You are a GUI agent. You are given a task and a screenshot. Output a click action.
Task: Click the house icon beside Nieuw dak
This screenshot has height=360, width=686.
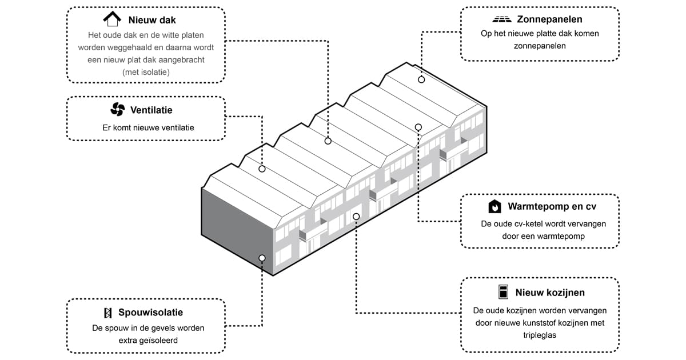click(x=112, y=19)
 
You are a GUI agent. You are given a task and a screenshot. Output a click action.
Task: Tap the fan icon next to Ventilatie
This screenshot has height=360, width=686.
click(x=117, y=110)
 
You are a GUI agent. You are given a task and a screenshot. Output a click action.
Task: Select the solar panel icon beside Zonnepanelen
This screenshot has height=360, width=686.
click(x=502, y=19)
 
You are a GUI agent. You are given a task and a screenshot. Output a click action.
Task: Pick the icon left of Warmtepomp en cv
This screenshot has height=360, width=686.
click(x=494, y=206)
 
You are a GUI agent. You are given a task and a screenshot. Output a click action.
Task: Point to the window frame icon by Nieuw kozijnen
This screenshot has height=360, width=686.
click(x=502, y=291)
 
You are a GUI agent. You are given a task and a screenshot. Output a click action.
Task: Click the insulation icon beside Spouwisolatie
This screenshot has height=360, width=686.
click(x=107, y=313)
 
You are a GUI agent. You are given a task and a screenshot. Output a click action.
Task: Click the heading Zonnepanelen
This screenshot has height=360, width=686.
click(x=549, y=19)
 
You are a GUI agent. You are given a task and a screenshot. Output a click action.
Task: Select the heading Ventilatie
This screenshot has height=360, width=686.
click(x=151, y=110)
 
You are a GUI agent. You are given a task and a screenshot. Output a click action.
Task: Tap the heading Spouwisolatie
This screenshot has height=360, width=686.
click(x=151, y=313)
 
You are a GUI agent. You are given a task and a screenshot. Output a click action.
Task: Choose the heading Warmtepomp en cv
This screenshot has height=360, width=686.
click(x=552, y=206)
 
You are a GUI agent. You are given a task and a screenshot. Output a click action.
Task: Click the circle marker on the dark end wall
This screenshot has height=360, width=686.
click(x=262, y=258)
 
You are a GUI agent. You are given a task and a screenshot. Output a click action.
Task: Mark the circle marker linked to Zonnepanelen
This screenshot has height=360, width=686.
click(x=421, y=79)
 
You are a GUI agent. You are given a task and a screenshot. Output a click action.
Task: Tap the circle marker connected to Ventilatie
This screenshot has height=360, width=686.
click(x=262, y=169)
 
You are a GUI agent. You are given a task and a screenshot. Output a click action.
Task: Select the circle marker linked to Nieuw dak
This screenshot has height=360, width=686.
click(x=328, y=141)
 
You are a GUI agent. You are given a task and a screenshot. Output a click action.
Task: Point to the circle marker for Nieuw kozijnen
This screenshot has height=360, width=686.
click(x=356, y=216)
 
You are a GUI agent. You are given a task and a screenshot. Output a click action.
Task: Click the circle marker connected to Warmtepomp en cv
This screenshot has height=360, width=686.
click(x=418, y=127)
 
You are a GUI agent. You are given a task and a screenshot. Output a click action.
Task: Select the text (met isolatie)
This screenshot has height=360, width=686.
click(x=146, y=72)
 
